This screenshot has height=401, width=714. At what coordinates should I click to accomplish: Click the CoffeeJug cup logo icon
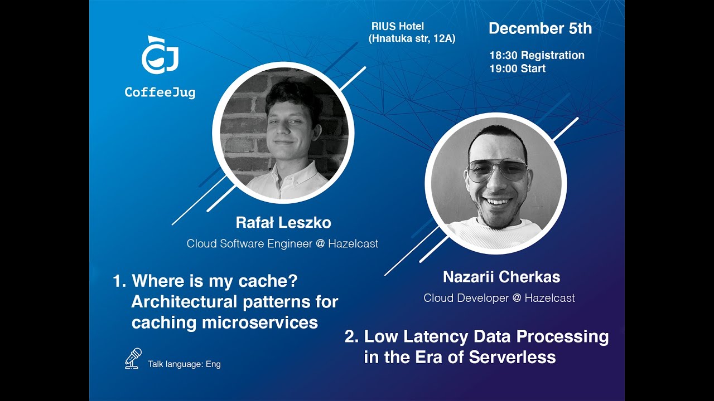160,56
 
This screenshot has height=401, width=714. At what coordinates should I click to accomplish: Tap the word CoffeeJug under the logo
160,92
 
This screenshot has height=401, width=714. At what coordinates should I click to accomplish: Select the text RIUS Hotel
398,26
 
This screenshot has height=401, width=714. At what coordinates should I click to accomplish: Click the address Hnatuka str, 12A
412,38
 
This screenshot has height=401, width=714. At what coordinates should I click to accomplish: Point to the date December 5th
540,29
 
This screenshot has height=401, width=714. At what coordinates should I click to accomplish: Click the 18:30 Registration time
537,55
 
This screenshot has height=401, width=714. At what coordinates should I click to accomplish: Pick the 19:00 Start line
517,69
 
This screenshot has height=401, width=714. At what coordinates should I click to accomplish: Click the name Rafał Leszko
283,223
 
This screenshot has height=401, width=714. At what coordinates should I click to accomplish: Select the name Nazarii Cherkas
501,277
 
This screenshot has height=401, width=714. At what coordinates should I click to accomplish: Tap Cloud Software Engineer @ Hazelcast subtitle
282,243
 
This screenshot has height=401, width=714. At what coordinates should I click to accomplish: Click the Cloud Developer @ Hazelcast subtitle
499,298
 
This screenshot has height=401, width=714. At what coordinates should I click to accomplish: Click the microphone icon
133,358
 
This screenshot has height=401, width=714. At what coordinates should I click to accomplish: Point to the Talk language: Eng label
184,364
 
